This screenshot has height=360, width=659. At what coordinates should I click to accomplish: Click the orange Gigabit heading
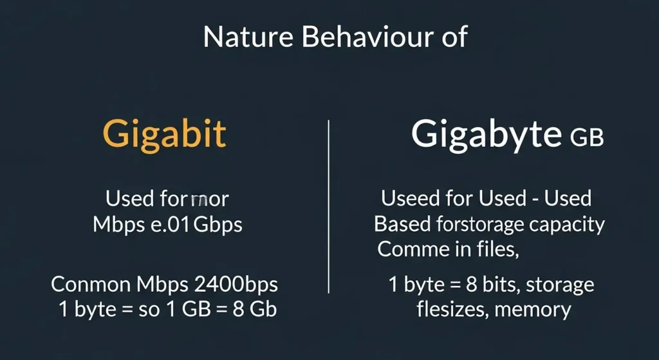pyautogui.click(x=165, y=135)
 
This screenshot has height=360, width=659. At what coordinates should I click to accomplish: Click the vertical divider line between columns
pyautogui.click(x=329, y=206)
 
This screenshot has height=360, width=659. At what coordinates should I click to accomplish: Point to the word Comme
pyautogui.click(x=409, y=249)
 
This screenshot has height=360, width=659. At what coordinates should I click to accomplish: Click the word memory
pyautogui.click(x=531, y=310)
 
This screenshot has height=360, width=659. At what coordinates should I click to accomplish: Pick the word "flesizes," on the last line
pyautogui.click(x=450, y=310)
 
